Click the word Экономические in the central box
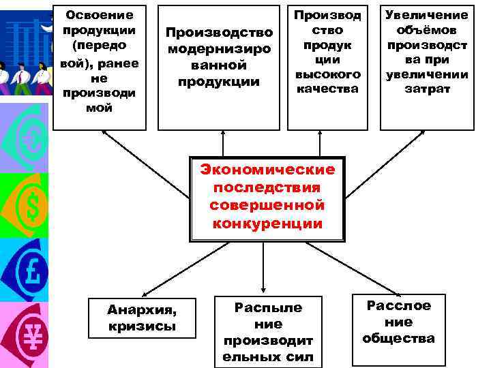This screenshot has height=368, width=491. click(267, 170)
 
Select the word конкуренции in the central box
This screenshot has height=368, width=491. click(267, 224)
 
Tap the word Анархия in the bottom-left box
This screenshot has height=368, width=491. click(142, 310)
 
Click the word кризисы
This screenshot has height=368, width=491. click(142, 326)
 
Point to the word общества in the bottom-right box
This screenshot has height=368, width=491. click(399, 338)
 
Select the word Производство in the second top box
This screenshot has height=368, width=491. click(220, 33)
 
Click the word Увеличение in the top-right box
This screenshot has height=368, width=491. click(427, 14)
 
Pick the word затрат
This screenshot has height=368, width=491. click(427, 89)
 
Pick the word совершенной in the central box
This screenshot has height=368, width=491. click(267, 205)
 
